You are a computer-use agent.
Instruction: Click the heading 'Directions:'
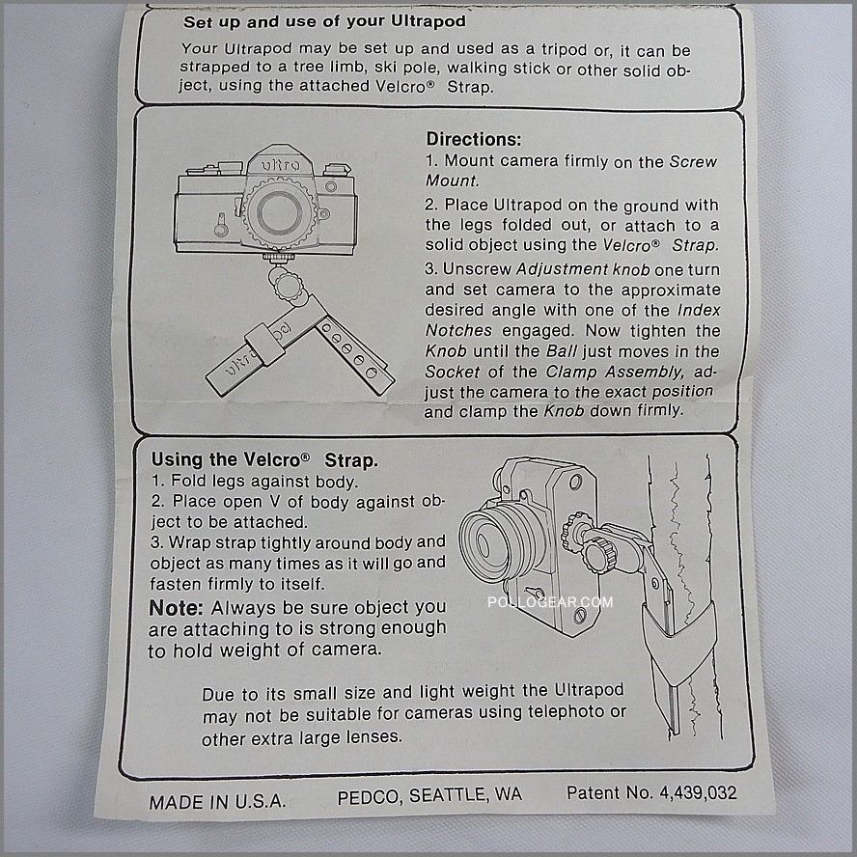coord(473,139)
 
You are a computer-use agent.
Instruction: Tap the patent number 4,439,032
coord(698,792)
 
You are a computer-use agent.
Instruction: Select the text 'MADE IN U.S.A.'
coord(217,802)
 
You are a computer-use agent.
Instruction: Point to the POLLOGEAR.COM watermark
coord(550,602)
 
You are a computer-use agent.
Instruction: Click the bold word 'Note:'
coord(176,608)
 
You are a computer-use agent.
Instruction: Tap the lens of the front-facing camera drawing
coord(279,212)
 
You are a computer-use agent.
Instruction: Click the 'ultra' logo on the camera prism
coord(280,164)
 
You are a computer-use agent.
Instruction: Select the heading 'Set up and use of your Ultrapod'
coord(324,22)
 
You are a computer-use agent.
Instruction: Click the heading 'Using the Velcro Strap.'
coord(264,460)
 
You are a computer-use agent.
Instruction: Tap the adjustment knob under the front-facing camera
coord(287,285)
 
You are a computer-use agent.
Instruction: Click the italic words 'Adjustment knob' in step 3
coord(583,269)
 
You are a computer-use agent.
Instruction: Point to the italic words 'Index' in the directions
coord(699,310)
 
